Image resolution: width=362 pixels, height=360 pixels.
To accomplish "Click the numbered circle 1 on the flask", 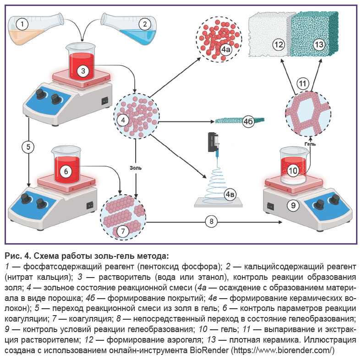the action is (22, 24).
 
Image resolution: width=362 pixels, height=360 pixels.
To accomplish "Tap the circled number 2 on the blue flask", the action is (145, 24).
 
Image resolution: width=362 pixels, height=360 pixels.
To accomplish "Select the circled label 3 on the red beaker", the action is (83, 71).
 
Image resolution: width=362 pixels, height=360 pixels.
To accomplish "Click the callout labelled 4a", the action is (225, 49).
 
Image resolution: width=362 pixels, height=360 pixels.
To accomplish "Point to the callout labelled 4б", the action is (248, 121).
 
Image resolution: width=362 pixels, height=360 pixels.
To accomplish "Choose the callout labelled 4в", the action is (230, 195).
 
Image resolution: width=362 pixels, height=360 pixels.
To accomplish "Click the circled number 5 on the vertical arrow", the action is (28, 147).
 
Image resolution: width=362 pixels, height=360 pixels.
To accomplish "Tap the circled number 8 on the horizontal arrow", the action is (211, 222).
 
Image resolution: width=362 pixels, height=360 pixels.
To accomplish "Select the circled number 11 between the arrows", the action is (302, 83).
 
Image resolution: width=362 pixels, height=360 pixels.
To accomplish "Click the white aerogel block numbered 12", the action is (269, 34).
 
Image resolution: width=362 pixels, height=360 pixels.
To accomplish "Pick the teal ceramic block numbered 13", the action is (314, 34).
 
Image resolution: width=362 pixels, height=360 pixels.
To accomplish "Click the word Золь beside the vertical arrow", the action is (136, 168).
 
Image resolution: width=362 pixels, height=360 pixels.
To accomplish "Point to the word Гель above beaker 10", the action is (310, 144).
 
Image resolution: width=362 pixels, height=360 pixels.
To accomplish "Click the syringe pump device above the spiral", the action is (214, 142).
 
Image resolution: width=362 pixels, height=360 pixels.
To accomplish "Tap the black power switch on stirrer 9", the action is (270, 206).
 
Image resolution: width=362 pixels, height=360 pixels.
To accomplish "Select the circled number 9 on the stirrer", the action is (293, 205).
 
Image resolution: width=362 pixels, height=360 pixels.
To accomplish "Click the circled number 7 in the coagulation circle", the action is (123, 231).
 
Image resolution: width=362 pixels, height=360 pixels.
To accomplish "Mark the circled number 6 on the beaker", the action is (66, 171).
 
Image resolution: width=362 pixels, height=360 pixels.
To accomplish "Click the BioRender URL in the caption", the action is (282, 350).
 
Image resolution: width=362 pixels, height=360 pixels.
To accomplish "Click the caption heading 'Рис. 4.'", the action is (18, 256).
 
